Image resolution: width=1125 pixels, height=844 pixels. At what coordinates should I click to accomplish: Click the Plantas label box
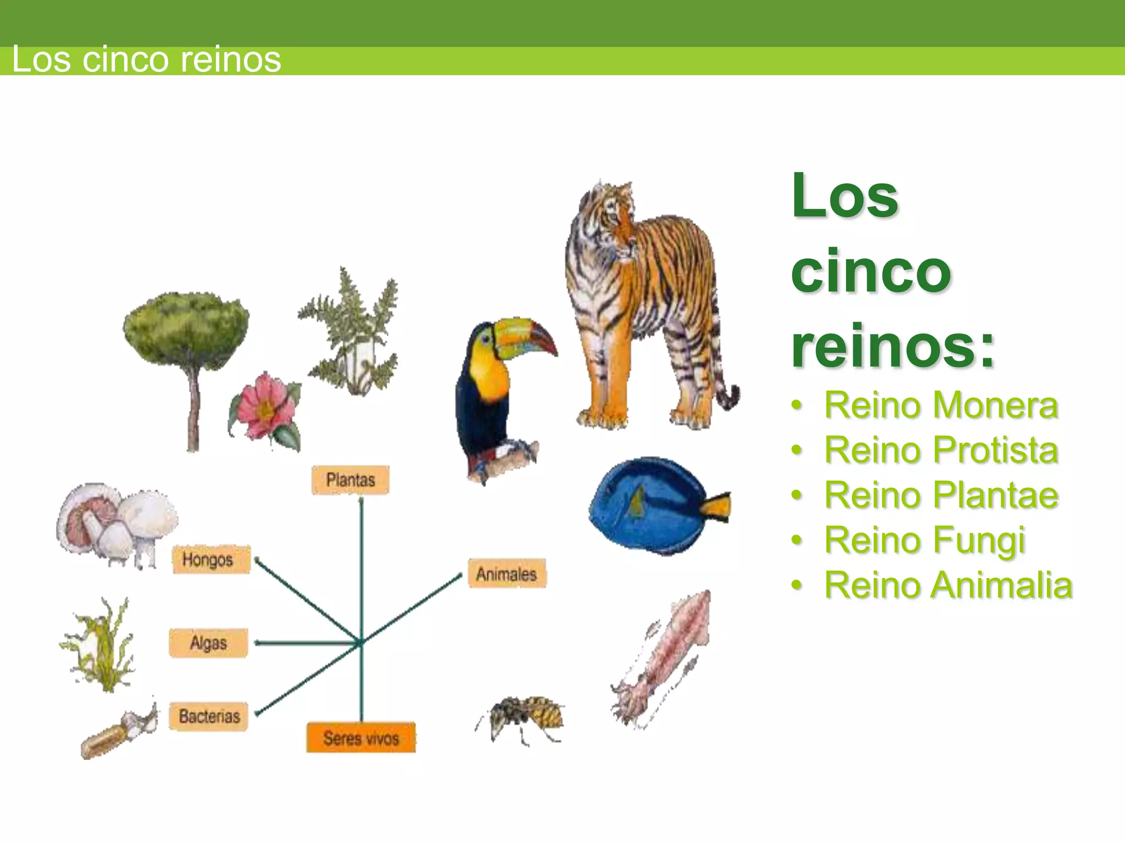coord(350,480)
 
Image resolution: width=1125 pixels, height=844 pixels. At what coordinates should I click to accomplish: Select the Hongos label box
coord(211,559)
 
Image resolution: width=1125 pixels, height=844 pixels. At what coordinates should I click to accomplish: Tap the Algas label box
coord(208,643)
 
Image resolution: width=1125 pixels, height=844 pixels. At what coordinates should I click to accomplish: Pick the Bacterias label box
coord(208,717)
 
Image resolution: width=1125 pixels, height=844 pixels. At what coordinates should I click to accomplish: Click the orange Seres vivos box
coord(361,737)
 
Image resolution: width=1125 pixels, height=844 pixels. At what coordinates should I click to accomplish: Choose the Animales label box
coord(506,574)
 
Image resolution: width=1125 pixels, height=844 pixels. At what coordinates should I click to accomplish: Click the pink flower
coord(264,407)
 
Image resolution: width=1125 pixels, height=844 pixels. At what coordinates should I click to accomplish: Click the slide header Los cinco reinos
coord(146,59)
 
